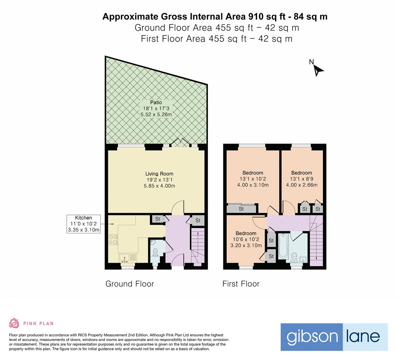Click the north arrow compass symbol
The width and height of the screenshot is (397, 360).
pyautogui.click(x=318, y=70)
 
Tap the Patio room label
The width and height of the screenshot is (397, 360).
pyautogui.click(x=156, y=102)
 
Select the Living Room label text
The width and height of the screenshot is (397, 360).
pyautogui.click(x=159, y=174)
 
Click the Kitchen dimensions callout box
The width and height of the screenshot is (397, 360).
pyautogui.click(x=83, y=224)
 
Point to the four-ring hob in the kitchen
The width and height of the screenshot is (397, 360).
pyautogui.click(x=113, y=239)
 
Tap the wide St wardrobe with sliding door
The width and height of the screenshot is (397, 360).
pyautogui.click(x=241, y=209)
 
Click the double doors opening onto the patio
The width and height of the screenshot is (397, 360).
pyautogui.click(x=180, y=143)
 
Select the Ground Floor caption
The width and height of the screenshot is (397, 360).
pyautogui.click(x=130, y=284)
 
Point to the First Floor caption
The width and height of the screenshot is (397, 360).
pyautogui.click(x=241, y=284)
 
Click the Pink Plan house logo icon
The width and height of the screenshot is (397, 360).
pyautogui.click(x=14, y=323)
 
